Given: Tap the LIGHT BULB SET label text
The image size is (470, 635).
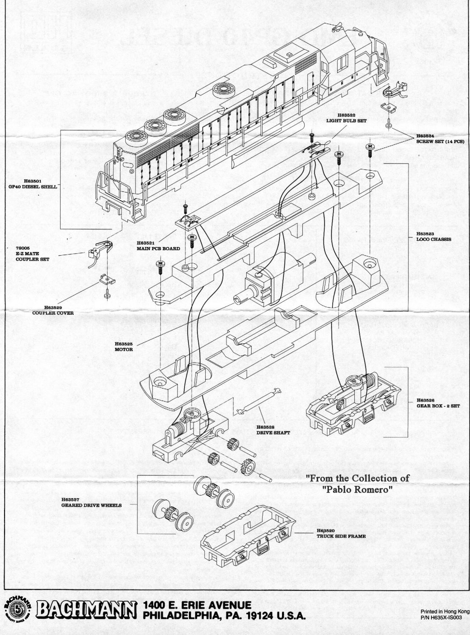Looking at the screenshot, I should pyautogui.click(x=346, y=121).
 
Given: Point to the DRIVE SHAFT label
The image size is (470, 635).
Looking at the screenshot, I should pyautogui.click(x=273, y=433).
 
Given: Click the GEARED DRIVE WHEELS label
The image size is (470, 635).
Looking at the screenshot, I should pyautogui.click(x=91, y=505).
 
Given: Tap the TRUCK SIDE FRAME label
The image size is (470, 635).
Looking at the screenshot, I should pyautogui.click(x=341, y=537).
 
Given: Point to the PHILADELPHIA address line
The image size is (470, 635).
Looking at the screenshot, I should pyautogui.click(x=224, y=616).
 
